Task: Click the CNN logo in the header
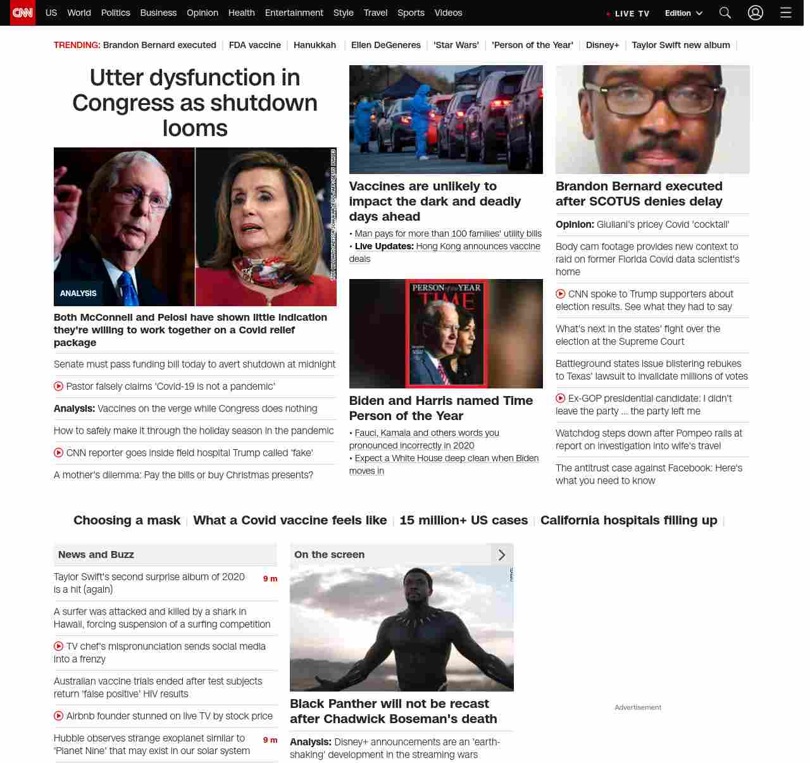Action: (23, 13)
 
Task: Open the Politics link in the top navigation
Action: (115, 13)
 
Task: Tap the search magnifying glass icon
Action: (725, 13)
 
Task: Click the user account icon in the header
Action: (756, 13)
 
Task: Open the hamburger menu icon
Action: (786, 13)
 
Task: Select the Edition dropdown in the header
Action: (683, 13)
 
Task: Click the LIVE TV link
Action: (628, 13)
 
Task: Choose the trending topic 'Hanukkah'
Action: (315, 45)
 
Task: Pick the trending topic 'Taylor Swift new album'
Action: (681, 45)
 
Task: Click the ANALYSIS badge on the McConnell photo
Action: (78, 294)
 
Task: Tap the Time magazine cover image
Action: (446, 333)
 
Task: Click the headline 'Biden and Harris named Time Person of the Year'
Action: (441, 408)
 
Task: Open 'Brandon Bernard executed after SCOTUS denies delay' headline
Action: (639, 194)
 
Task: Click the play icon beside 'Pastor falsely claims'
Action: (59, 386)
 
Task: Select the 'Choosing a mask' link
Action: (127, 520)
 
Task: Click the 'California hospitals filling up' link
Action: (628, 520)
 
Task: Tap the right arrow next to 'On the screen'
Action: (502, 555)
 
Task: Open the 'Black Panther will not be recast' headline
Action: (393, 711)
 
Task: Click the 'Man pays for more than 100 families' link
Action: (448, 233)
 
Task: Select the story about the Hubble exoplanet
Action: (152, 744)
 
